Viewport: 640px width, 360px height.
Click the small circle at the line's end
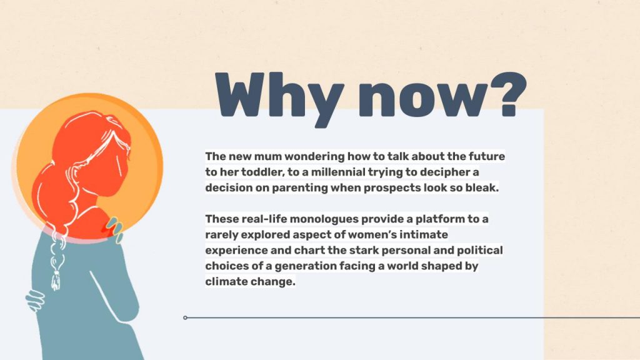pyautogui.click(x=185, y=317)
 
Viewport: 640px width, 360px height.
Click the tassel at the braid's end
pyautogui.click(x=56, y=280)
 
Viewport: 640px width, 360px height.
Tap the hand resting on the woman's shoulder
pyautogui.click(x=114, y=229)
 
